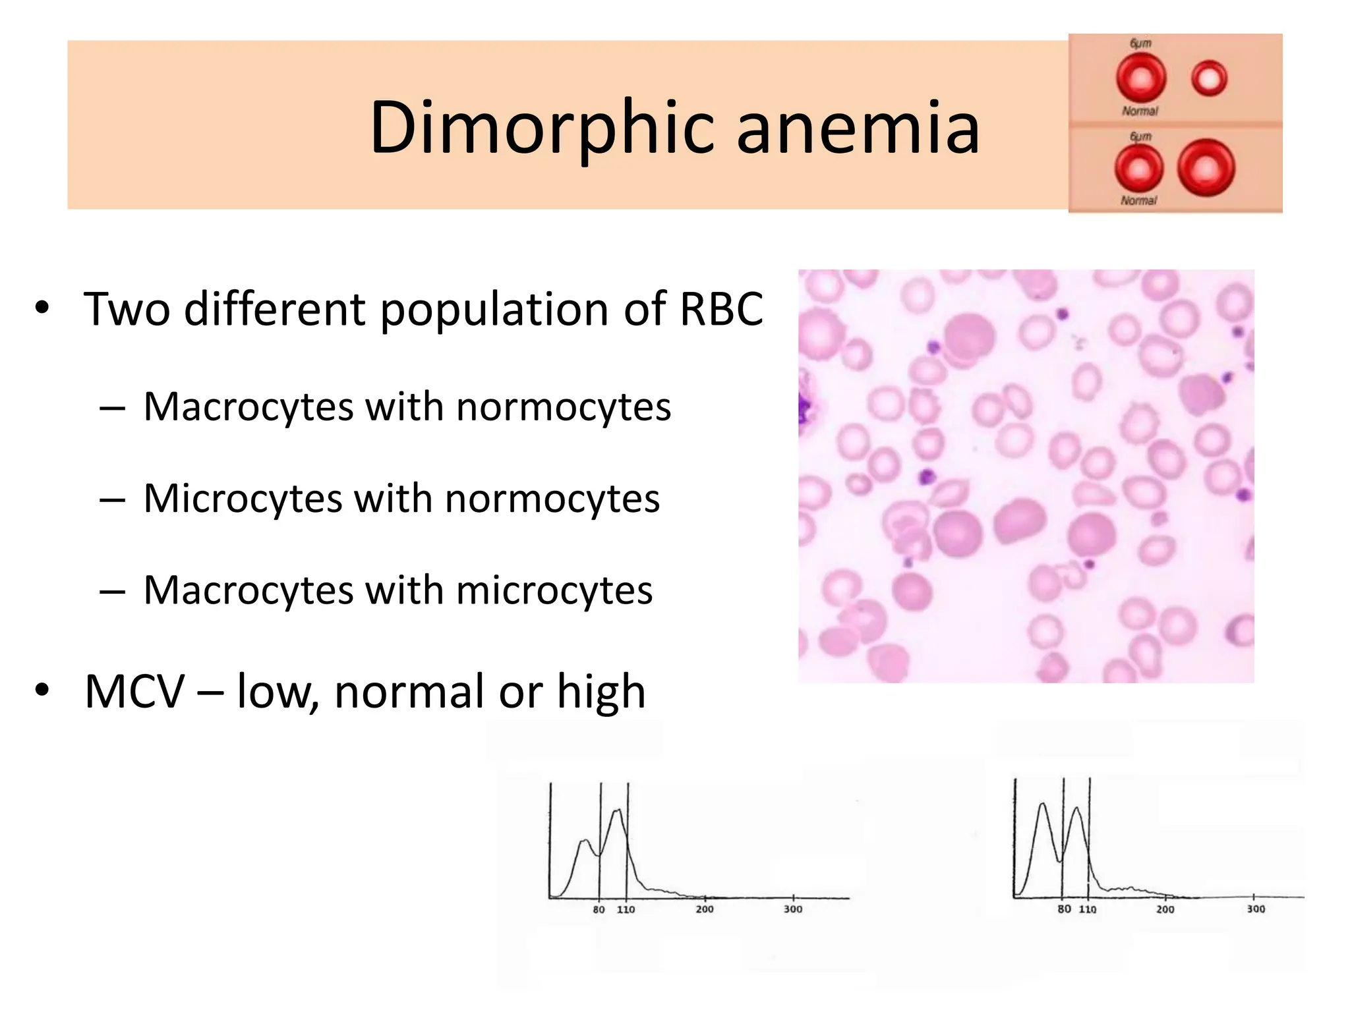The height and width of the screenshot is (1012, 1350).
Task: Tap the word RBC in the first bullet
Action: point(721,308)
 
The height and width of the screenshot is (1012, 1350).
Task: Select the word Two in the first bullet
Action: point(127,308)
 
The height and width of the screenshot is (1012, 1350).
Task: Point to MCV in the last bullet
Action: point(134,692)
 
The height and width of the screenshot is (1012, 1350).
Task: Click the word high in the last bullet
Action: point(601,692)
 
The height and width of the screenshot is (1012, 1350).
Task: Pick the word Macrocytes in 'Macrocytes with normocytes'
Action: point(248,407)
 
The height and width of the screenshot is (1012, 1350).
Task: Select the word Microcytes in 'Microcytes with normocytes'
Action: point(243,498)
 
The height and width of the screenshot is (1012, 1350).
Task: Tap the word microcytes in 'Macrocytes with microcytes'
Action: point(554,590)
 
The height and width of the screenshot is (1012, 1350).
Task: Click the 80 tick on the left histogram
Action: point(599,909)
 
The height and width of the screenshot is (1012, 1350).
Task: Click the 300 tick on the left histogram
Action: point(793,909)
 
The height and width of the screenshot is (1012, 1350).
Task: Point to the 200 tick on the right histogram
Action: point(1165,909)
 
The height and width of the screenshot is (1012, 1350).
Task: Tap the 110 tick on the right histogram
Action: point(1088,909)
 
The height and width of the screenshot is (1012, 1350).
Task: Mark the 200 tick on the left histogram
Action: point(705,909)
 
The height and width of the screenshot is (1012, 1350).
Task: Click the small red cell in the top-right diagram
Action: point(1209,78)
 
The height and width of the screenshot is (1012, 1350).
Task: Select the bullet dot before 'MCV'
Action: point(43,690)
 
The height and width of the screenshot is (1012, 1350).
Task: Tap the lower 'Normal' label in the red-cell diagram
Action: point(1138,200)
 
